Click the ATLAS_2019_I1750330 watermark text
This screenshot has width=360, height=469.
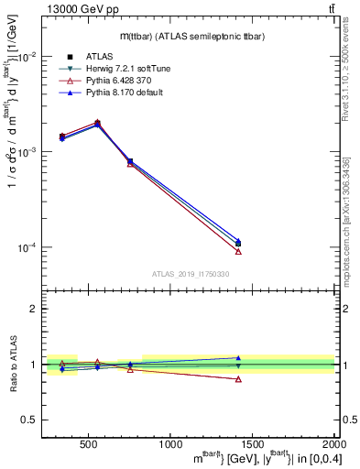point(190,273)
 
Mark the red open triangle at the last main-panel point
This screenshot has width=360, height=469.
point(238,251)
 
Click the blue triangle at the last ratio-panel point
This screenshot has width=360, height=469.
point(238,358)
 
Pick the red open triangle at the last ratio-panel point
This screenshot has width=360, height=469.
point(238,379)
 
